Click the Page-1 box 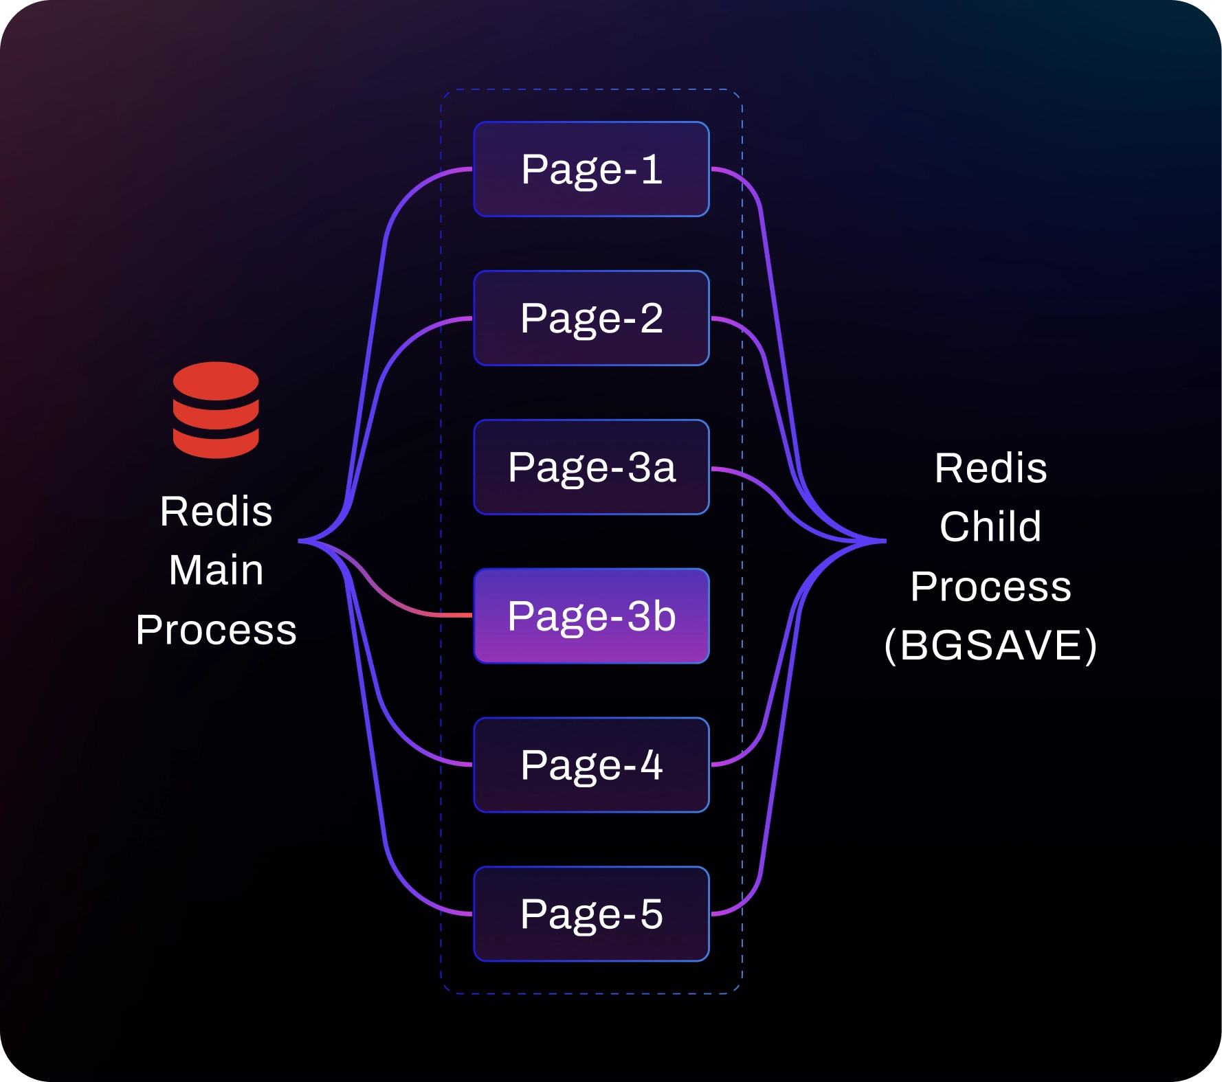(591, 169)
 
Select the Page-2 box (591, 318)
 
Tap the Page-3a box (591, 467)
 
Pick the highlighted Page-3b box (591, 616)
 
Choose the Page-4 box (591, 765)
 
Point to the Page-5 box (591, 914)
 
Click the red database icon (216, 410)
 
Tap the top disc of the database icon (216, 381)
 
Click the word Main (216, 570)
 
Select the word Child (990, 526)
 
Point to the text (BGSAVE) (990, 645)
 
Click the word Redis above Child (990, 468)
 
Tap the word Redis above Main (216, 511)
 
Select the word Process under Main (216, 630)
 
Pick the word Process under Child (990, 586)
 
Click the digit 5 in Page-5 (652, 914)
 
